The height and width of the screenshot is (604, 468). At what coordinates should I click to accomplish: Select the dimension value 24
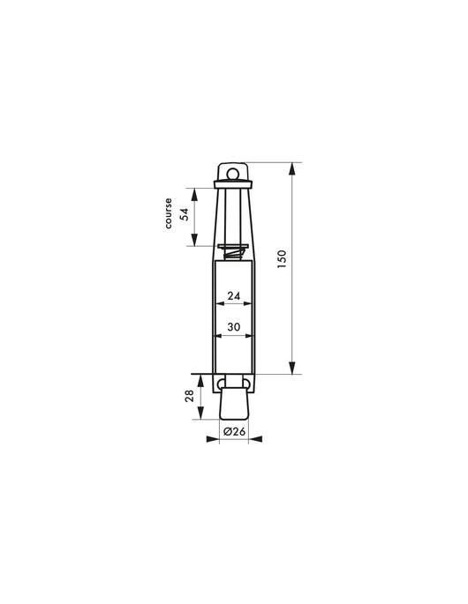(x=234, y=296)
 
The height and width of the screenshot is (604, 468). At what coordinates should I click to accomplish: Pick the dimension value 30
(x=234, y=327)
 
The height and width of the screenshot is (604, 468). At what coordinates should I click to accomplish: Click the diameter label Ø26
(x=234, y=431)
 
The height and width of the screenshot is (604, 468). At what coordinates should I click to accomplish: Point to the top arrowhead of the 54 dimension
(x=195, y=189)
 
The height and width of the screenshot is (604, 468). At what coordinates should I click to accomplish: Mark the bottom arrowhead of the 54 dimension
(x=195, y=242)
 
